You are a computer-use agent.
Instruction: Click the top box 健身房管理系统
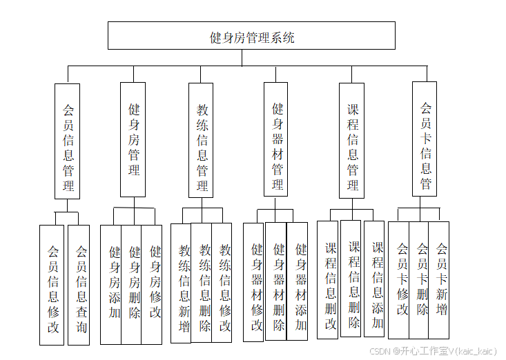[251, 36]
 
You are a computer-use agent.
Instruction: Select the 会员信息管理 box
[68, 141]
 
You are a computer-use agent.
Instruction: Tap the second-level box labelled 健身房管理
[133, 139]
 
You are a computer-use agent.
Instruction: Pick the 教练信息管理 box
[201, 140]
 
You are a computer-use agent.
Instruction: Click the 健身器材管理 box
[275, 139]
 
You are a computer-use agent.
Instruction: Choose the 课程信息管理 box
[352, 139]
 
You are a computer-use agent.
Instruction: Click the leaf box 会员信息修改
[52, 285]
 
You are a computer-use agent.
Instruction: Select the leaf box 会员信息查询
[79, 285]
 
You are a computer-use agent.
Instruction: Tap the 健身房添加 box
[112, 284]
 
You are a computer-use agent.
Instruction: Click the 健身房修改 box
[153, 284]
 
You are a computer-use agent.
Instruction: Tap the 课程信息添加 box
[375, 279]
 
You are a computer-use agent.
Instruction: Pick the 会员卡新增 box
[440, 279]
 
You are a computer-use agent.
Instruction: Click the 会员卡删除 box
[420, 279]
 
